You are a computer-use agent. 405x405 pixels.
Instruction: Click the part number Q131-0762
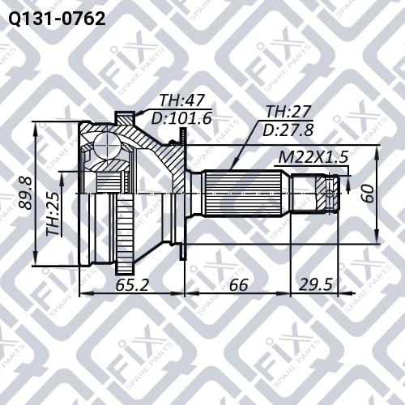[x=54, y=17]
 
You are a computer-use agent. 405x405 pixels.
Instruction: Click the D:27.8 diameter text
[x=288, y=129]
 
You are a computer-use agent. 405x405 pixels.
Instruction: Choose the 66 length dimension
[x=237, y=284]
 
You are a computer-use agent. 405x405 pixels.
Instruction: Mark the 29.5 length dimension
[x=316, y=284]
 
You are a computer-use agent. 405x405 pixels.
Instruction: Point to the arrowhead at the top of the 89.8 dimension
[x=36, y=128]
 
